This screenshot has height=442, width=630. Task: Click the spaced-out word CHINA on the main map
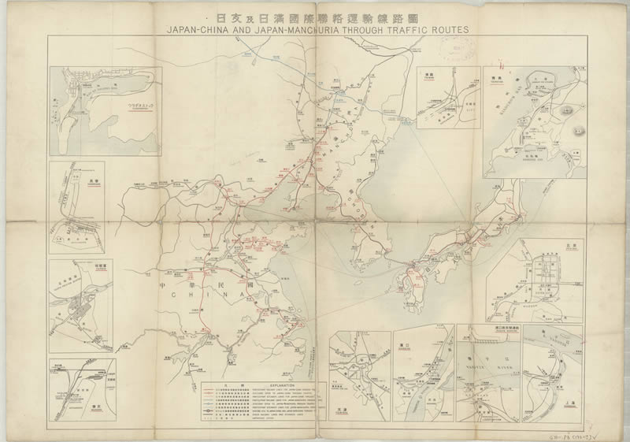206,294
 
